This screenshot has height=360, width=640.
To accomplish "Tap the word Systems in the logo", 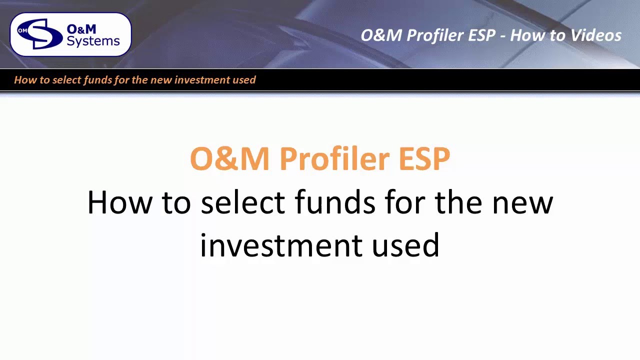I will point(93,41).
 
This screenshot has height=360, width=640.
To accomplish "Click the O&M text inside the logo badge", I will point(81,29).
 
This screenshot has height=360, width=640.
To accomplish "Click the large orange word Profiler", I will point(334,159).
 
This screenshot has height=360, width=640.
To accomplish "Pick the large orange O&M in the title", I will point(229,159).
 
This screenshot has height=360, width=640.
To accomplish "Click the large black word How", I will point(119,202).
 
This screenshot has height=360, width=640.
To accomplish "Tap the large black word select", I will point(242,202).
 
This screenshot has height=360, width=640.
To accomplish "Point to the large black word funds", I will point(334,202).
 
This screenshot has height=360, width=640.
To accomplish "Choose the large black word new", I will point(522,202).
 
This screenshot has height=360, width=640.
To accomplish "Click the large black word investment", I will point(280,245).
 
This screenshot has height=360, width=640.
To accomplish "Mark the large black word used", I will point(405,245).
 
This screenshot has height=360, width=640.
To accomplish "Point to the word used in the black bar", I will point(244,80).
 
